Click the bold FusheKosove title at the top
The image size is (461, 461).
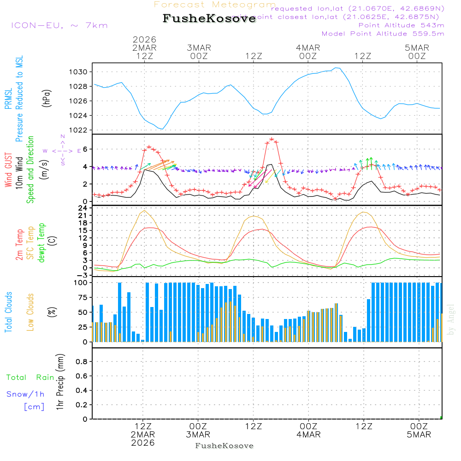coord(209,19)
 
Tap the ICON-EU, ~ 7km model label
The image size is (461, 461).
coord(59,25)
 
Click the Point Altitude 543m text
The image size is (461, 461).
coord(401,25)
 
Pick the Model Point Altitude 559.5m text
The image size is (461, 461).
coord(383,34)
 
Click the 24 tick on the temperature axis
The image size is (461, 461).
coord(84,208)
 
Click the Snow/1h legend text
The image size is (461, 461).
coord(25,395)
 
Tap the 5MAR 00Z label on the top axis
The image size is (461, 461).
coord(417,52)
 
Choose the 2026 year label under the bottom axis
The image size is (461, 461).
coord(143,443)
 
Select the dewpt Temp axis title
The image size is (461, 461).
coord(42,243)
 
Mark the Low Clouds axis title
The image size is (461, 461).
coord(31,312)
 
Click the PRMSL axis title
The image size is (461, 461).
coord(9,96)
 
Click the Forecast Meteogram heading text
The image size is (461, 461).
coord(215,5)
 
